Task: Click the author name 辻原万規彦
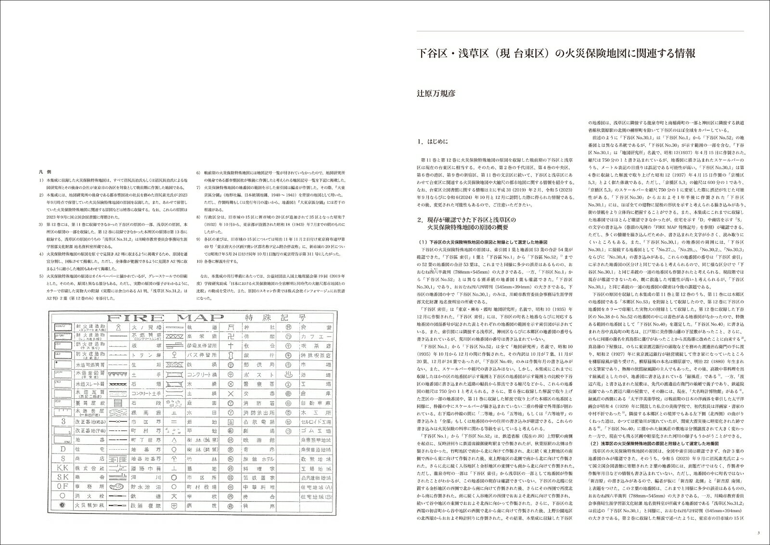tap(436, 93)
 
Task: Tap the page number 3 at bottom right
tap(759, 532)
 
